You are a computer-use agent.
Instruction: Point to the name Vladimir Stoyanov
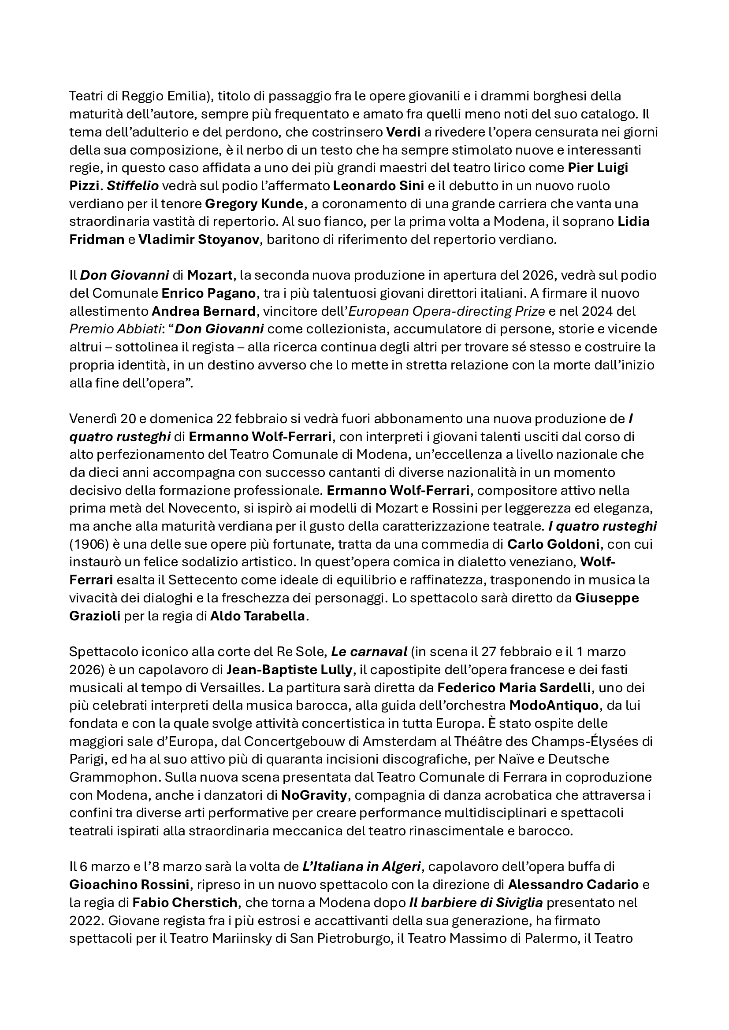coord(199,240)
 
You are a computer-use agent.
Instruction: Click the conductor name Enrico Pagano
coord(208,293)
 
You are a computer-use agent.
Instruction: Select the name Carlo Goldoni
coord(553,545)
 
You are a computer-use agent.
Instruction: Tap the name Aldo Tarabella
coord(258,617)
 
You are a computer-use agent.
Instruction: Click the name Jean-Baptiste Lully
coord(289,670)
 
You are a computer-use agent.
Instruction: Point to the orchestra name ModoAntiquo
coord(554,705)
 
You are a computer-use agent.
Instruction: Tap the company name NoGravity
coord(314,795)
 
